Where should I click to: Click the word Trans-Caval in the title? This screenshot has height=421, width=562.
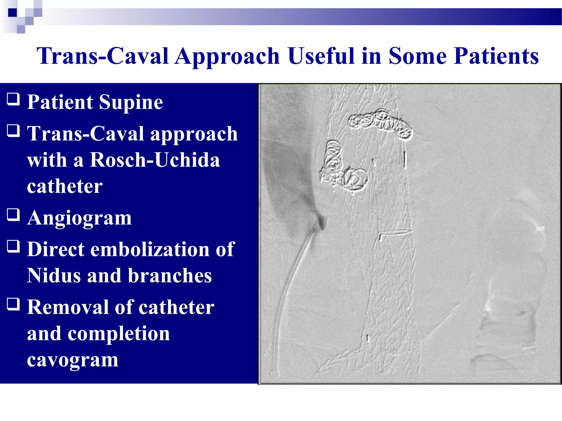tap(102, 56)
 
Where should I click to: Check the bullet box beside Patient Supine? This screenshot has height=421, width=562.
tap(13, 99)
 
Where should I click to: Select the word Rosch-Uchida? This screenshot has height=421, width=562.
tap(155, 160)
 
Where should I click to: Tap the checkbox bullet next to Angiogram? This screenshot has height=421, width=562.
tap(13, 215)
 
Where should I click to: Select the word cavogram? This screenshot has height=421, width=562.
tap(72, 360)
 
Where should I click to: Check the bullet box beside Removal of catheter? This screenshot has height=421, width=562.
tap(13, 304)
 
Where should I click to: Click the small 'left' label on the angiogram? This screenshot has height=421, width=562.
tap(540, 229)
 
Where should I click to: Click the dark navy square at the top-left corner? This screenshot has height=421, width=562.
tap(12, 12)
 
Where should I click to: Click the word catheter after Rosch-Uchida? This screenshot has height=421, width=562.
tap(65, 186)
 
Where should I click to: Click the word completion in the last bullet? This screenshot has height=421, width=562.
tap(119, 334)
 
